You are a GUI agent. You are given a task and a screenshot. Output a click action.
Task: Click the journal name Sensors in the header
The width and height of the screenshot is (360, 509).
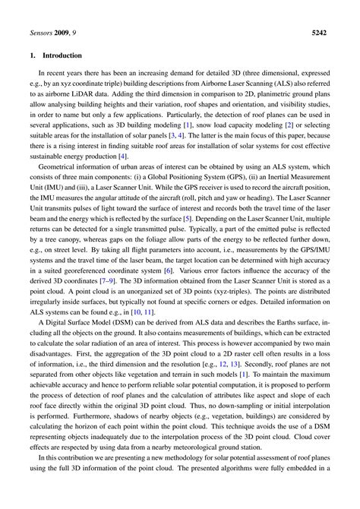click(x=33, y=33)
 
